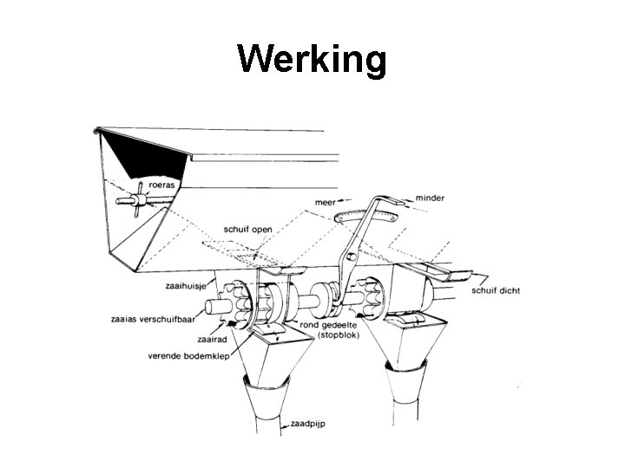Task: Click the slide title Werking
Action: [312, 60]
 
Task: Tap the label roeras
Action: [161, 184]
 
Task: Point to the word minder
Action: [431, 198]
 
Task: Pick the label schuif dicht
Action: [496, 291]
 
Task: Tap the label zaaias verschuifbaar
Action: [153, 317]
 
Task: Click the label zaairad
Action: [212, 340]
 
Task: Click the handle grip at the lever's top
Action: [391, 201]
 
